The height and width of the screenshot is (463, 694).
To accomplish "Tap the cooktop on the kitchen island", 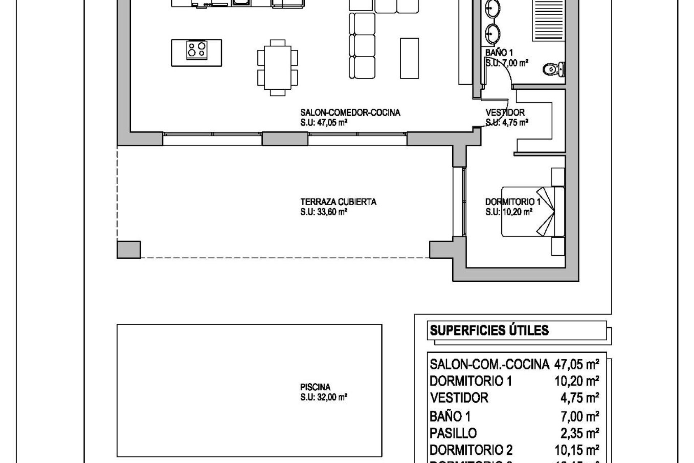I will click(x=197, y=50).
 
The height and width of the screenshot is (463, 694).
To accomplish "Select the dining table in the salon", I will click(x=278, y=67).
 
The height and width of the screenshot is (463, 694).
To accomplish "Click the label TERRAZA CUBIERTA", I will click(x=338, y=202).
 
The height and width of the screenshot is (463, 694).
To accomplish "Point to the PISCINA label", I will click(x=315, y=387).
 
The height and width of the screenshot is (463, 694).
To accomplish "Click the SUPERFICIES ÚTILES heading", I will click(x=489, y=330).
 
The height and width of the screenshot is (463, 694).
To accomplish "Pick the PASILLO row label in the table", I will click(x=453, y=433).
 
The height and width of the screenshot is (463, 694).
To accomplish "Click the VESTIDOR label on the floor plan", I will click(x=505, y=113).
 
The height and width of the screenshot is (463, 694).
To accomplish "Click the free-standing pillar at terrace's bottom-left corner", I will click(x=129, y=250).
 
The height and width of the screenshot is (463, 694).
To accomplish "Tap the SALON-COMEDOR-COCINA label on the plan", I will click(x=350, y=113).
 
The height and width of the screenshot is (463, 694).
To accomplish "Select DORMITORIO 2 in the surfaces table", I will click(x=471, y=450).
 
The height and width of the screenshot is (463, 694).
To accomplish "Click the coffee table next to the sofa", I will click(x=409, y=58).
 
